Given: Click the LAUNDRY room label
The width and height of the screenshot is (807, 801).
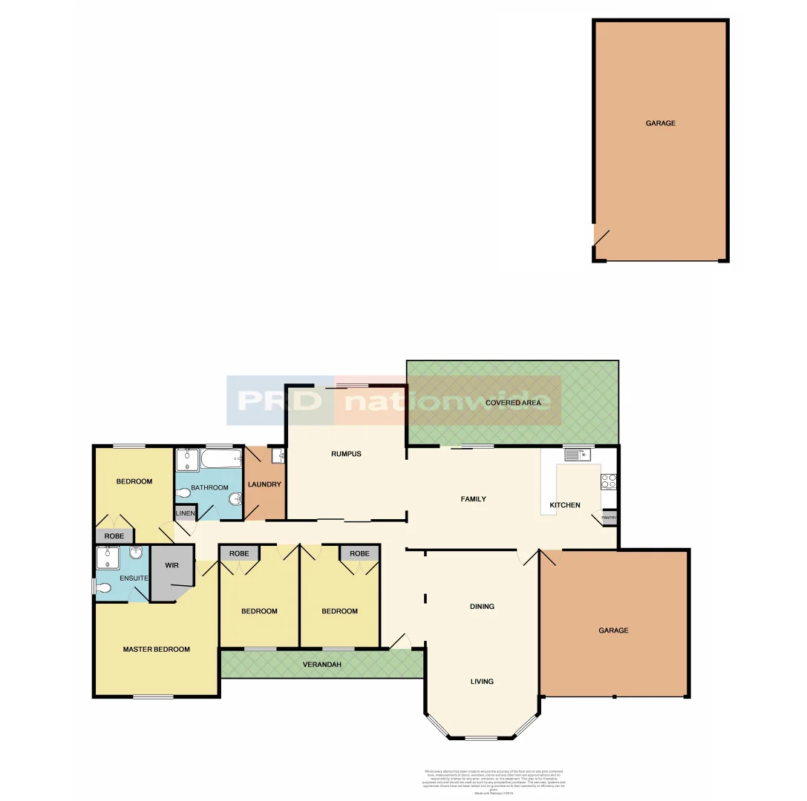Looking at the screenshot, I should [x=264, y=485].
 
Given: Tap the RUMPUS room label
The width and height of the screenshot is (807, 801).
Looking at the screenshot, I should [x=346, y=454].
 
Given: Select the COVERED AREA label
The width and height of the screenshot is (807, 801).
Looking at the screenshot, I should [x=512, y=403].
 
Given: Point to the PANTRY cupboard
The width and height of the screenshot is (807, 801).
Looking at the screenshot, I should [x=609, y=518].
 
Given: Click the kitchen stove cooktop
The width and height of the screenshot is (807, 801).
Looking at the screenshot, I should [x=608, y=481].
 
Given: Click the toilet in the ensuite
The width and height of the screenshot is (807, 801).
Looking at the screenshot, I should [x=104, y=587].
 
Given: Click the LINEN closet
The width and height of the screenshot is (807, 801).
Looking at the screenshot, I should [x=185, y=514].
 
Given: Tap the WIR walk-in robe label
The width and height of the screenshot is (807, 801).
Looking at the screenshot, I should [x=172, y=566].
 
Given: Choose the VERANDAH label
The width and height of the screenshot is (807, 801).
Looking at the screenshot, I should [x=321, y=665].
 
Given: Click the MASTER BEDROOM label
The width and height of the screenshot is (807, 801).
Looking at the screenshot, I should [x=156, y=650].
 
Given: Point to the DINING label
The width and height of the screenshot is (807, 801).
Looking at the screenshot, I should [x=482, y=607].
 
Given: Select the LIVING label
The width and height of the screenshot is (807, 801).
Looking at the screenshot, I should [x=481, y=682].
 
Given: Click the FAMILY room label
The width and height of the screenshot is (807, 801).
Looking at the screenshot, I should [x=473, y=499].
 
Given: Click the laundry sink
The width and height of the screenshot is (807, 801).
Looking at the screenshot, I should [x=277, y=456].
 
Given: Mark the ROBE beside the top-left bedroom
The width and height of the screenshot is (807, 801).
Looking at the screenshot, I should [x=114, y=535].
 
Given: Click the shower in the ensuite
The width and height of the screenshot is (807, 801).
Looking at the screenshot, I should [x=108, y=556].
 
